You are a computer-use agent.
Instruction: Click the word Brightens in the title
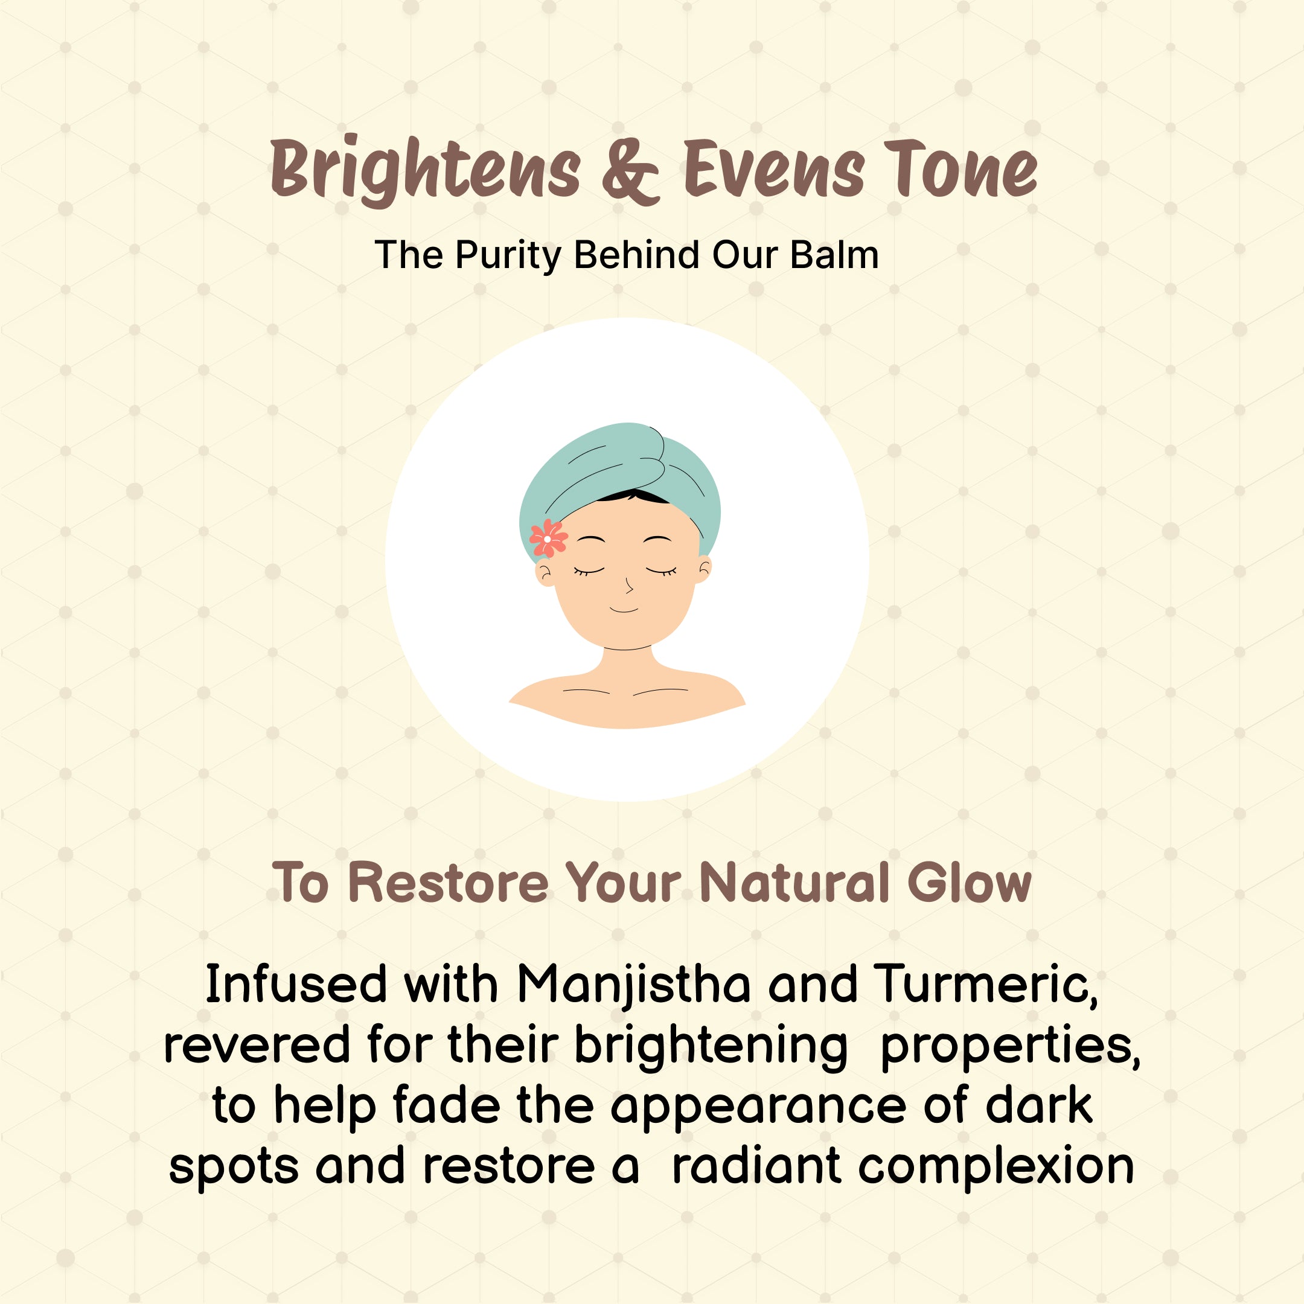425,171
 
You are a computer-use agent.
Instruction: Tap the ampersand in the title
630,171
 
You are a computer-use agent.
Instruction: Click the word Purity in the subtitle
508,256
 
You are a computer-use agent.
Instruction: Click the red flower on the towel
548,538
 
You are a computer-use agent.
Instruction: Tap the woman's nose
628,584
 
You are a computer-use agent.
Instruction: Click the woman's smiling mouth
624,610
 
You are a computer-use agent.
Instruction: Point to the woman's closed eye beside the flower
589,572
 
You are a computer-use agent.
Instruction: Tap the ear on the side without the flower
703,570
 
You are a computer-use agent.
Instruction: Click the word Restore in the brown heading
448,882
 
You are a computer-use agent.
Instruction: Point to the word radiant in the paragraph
756,1166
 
